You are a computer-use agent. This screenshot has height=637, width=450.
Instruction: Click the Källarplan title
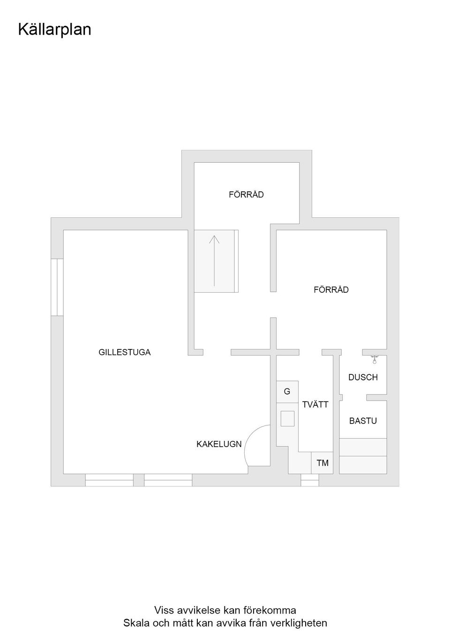click(54, 30)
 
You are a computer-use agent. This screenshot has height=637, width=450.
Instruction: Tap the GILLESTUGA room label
click(124, 352)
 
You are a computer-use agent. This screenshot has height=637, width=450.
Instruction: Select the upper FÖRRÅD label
click(246, 194)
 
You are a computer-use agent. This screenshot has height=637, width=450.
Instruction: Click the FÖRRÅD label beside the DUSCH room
click(331, 290)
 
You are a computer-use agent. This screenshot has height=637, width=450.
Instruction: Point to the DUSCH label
click(363, 377)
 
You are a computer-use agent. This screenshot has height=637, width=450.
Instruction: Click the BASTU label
click(363, 421)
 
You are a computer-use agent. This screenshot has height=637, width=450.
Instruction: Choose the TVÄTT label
click(315, 404)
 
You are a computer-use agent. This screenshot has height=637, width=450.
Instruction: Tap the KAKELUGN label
click(219, 444)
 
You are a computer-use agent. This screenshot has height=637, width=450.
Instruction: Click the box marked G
click(287, 391)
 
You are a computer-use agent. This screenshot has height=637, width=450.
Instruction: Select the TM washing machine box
click(322, 463)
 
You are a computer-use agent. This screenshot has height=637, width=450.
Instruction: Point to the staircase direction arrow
click(214, 260)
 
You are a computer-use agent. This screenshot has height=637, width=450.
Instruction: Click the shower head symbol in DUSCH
click(374, 360)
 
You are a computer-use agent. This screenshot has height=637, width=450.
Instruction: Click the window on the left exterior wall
click(57, 287)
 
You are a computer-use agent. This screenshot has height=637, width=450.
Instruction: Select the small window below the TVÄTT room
click(309, 480)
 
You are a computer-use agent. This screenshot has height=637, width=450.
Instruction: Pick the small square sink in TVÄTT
click(287, 418)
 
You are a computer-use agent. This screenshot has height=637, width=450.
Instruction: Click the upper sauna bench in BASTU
click(363, 447)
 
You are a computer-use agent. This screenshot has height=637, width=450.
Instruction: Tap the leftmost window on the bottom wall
click(109, 480)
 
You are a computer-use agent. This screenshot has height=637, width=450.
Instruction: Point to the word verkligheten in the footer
click(299, 623)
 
